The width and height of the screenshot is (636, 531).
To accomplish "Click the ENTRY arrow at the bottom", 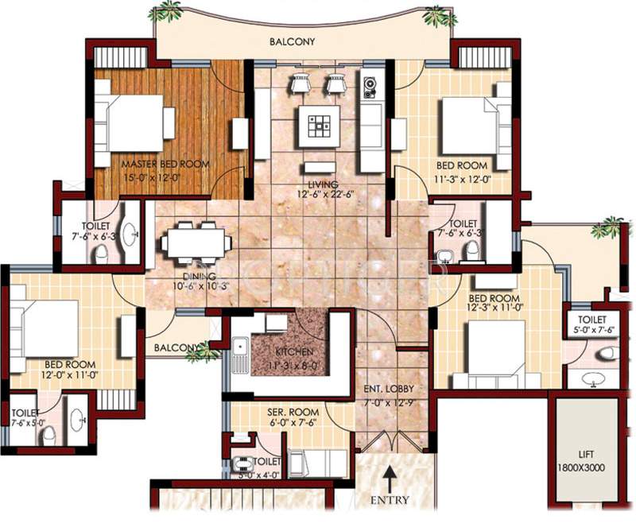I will [x=390, y=479].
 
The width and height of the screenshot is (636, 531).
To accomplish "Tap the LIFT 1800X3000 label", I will [x=589, y=462].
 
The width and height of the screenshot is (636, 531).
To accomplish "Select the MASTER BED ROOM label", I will [x=165, y=164].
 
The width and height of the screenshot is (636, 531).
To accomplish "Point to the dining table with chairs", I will [x=195, y=242].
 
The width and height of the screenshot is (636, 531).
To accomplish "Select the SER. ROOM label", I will [x=293, y=413].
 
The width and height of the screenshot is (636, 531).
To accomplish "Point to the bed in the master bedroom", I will [x=135, y=122].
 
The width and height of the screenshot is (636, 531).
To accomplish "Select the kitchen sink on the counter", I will [x=239, y=347].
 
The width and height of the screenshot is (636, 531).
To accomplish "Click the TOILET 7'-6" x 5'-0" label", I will [x=27, y=416].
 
